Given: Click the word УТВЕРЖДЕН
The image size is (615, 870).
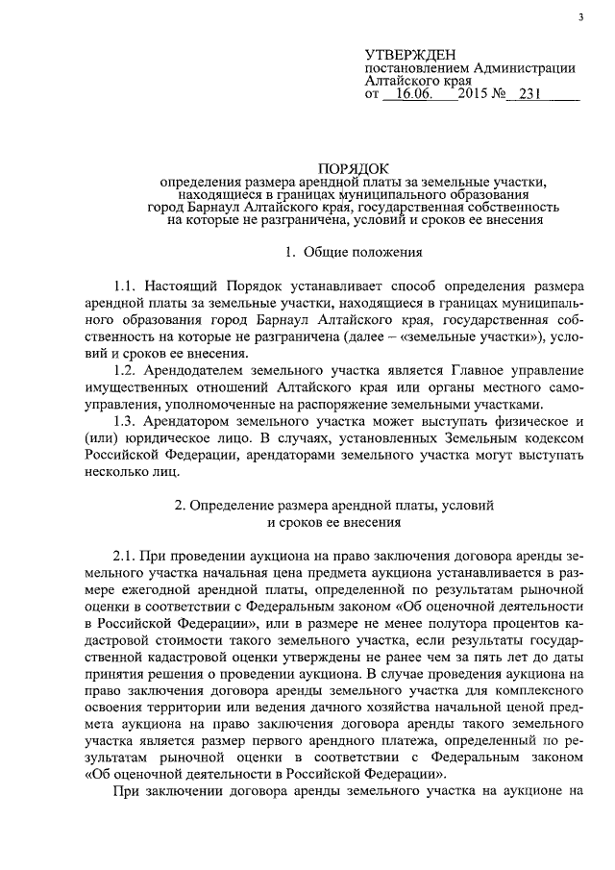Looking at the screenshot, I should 411,53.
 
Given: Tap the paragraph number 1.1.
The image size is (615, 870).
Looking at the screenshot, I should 127,287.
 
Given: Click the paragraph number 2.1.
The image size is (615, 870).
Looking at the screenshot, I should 127,555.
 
